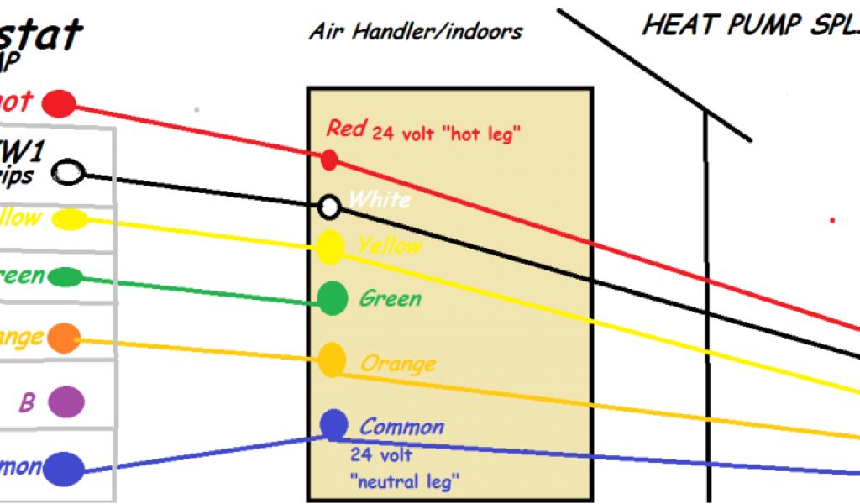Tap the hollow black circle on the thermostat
(68, 174)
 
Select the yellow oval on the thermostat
(69, 220)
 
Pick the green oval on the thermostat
(65, 277)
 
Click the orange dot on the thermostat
(63, 338)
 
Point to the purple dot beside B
(66, 402)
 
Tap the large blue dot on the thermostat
(64, 469)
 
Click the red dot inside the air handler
(329, 159)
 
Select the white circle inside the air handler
(330, 205)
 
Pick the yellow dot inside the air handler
(330, 247)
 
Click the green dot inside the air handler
(333, 297)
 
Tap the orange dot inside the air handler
(332, 360)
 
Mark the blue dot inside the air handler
(333, 425)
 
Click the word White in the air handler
(380, 200)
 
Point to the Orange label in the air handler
(398, 365)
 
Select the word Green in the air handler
(391, 298)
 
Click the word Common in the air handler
(401, 427)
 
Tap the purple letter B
(27, 403)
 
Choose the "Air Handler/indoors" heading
(416, 32)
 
